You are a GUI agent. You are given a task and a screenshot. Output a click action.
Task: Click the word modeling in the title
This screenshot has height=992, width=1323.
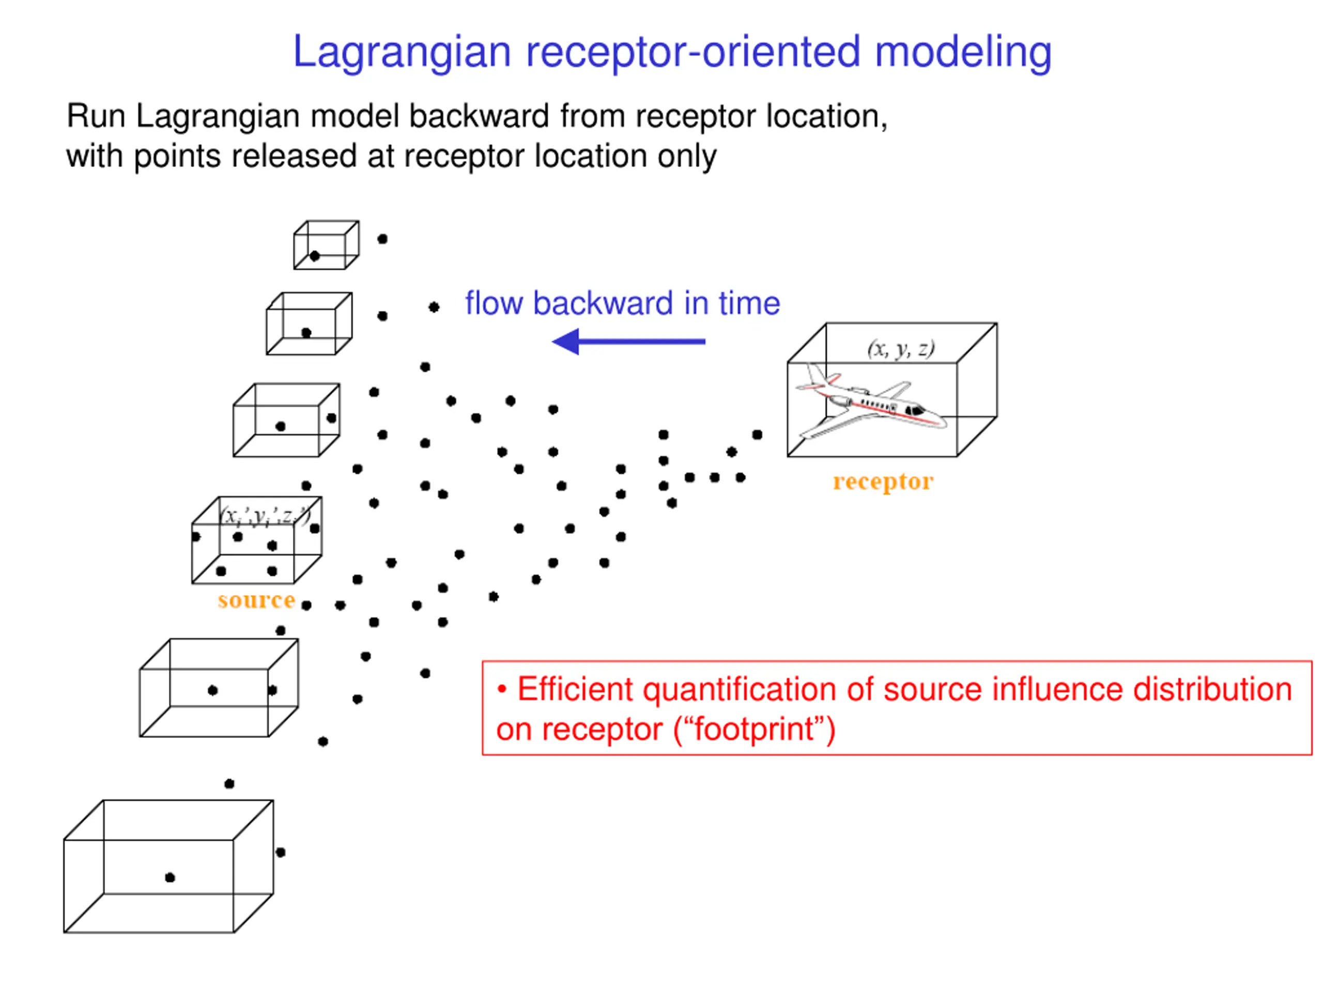pyautogui.click(x=962, y=53)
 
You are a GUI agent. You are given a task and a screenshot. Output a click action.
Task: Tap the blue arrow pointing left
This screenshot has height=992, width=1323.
pyautogui.click(x=628, y=342)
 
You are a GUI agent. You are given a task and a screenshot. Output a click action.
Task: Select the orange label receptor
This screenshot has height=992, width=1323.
pyautogui.click(x=883, y=482)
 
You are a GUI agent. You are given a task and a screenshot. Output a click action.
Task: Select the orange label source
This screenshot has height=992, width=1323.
pyautogui.click(x=256, y=600)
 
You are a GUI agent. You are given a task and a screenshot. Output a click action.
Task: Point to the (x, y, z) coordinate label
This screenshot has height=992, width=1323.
pyautogui.click(x=901, y=348)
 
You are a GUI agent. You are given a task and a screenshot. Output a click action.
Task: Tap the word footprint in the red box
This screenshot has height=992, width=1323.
pyautogui.click(x=753, y=730)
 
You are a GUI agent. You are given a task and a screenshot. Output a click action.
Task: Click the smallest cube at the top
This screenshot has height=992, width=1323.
pyautogui.click(x=326, y=245)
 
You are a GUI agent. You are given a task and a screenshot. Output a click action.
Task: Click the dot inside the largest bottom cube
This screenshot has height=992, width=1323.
pyautogui.click(x=170, y=877)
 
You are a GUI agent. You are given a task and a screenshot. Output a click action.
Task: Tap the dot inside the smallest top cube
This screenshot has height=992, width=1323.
pyautogui.click(x=315, y=256)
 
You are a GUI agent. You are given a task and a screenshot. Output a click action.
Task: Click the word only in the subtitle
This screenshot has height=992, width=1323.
pyautogui.click(x=687, y=156)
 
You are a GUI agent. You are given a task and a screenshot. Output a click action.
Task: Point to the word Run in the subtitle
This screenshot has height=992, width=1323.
pyautogui.click(x=96, y=116)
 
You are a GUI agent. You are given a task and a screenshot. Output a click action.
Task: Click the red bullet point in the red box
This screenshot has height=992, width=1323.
pyautogui.click(x=502, y=689)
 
